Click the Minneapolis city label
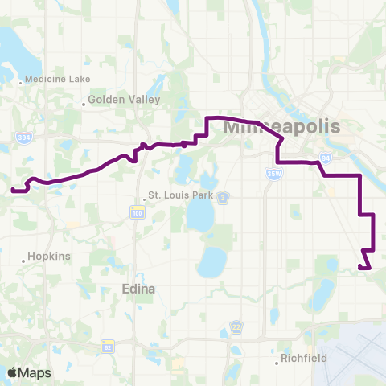pos(282,127)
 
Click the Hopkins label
pos(50,256)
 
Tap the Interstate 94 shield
pos(325,158)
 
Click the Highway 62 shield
pos(108,346)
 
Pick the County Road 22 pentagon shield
pos(236,326)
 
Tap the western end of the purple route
pos(13,191)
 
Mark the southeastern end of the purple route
pos(369,268)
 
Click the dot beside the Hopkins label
pos(23,260)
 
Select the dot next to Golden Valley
pos(84,103)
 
